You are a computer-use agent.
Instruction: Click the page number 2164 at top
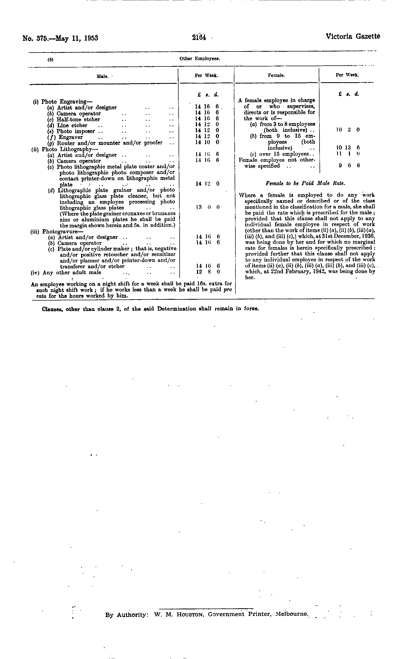(x=199, y=37)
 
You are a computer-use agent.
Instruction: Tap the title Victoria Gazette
(x=353, y=36)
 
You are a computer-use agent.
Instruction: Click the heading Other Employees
(x=200, y=58)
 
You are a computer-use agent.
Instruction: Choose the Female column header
(x=276, y=76)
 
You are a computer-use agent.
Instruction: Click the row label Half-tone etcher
(x=78, y=120)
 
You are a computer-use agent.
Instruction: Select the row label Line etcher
(x=72, y=125)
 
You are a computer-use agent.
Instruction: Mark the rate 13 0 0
(x=207, y=207)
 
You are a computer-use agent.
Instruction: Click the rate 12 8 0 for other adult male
(x=207, y=272)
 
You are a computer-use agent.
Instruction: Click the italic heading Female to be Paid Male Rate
(x=305, y=184)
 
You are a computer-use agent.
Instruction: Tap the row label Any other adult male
(x=72, y=273)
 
